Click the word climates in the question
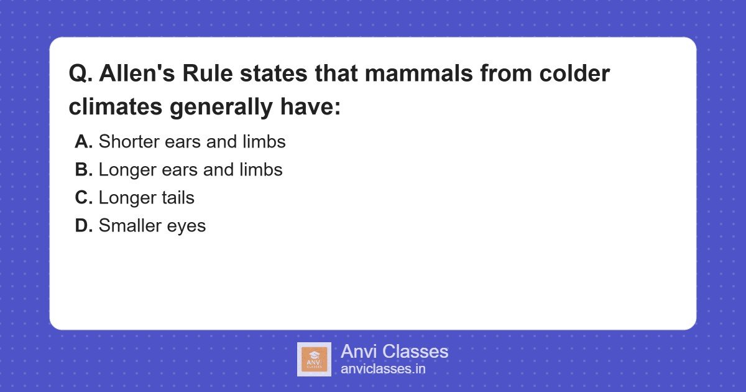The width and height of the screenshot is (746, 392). pyautogui.click(x=116, y=107)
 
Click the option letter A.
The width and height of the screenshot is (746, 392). pyautogui.click(x=84, y=142)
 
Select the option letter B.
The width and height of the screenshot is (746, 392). pyautogui.click(x=84, y=170)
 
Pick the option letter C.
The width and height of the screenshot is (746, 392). pyautogui.click(x=84, y=198)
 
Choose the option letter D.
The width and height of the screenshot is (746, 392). pyautogui.click(x=84, y=226)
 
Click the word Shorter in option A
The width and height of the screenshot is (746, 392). pyautogui.click(x=127, y=142)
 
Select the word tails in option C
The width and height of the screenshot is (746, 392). pyautogui.click(x=177, y=198)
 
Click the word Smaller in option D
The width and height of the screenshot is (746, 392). pyautogui.click(x=129, y=226)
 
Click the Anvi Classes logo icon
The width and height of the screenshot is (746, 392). pyautogui.click(x=314, y=359)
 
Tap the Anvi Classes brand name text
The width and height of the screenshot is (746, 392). pyautogui.click(x=394, y=352)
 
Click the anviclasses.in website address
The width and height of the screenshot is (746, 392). pyautogui.click(x=383, y=369)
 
